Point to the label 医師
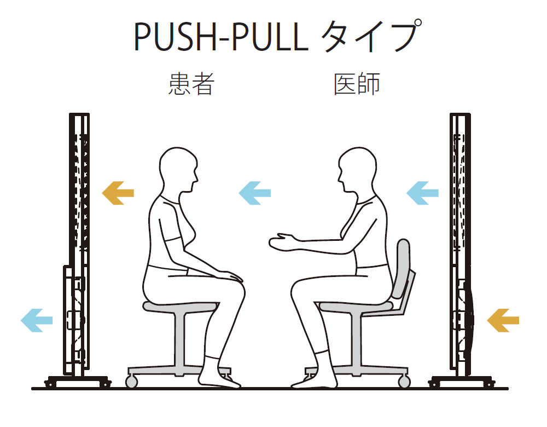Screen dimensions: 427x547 (x=357, y=85)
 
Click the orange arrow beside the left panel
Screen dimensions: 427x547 (x=118, y=192)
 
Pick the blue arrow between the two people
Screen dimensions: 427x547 (x=255, y=192)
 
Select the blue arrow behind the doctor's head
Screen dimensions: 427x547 (x=422, y=192)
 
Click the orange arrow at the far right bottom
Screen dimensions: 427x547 (x=503, y=320)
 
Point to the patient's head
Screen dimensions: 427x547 (x=177, y=167)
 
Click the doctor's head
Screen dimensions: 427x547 (x=358, y=167)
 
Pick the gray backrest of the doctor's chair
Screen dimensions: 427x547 (x=403, y=266)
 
